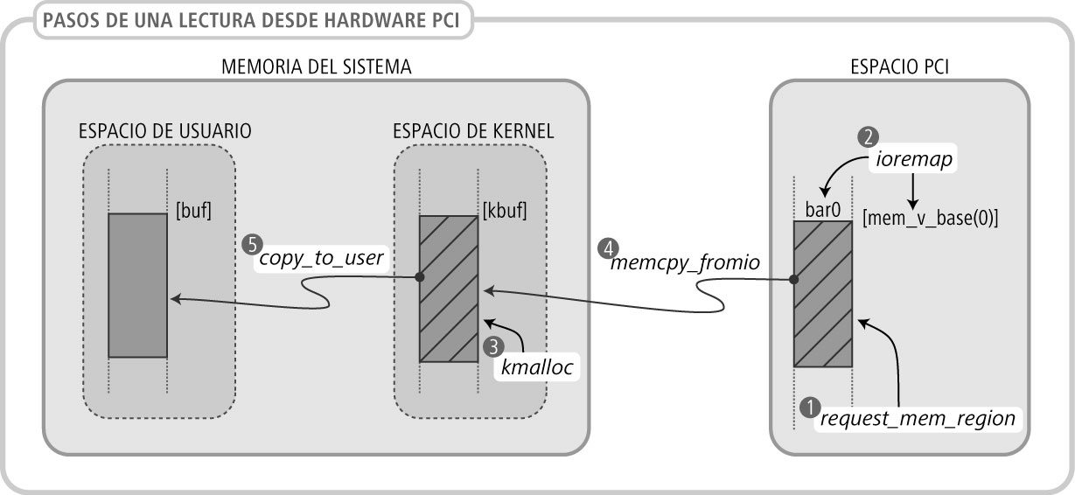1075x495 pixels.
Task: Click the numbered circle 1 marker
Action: pos(810,408)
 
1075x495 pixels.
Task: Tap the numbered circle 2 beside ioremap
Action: pos(868,136)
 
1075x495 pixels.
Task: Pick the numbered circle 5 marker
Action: pos(252,242)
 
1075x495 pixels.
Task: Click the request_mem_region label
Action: pos(918,419)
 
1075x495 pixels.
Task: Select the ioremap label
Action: pos(913,161)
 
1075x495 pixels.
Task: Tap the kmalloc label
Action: pos(537,368)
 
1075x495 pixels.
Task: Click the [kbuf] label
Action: pos(505,211)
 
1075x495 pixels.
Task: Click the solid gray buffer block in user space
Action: pos(137,285)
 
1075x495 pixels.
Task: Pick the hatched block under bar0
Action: pos(822,294)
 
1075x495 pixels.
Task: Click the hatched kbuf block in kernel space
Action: pos(449,289)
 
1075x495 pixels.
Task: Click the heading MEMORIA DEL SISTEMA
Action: pos(317,66)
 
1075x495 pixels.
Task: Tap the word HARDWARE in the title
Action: pos(351,18)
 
